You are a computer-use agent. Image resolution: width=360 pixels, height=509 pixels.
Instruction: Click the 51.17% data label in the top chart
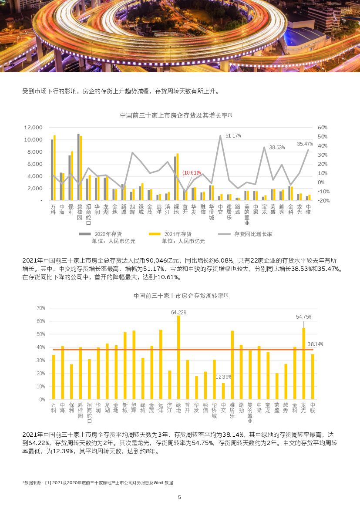coord(233,136)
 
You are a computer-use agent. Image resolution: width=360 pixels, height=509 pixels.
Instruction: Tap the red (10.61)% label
coord(192,173)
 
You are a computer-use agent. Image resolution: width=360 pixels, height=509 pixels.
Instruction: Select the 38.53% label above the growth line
coord(277,148)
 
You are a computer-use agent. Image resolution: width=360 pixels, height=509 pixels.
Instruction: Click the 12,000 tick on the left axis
coord(33,128)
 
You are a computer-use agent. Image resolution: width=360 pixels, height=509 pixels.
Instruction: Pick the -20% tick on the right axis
coord(322,201)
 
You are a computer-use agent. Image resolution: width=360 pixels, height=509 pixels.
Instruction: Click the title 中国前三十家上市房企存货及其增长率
coord(176,115)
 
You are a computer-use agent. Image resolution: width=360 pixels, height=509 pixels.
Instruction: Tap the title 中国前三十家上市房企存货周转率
coord(181,296)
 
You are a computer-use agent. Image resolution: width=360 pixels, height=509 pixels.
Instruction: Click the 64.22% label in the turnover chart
coord(178,312)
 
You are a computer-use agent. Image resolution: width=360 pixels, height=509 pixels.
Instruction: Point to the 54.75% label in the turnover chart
coord(303,317)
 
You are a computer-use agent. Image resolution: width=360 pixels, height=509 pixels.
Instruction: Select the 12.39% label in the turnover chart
coord(223,377)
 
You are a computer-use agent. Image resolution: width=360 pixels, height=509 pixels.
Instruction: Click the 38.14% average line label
coord(315,344)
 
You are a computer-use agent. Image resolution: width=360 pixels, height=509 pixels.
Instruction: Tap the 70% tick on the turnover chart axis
coord(40,308)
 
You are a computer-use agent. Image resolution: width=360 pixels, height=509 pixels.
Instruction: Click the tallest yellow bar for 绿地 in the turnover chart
coord(178,357)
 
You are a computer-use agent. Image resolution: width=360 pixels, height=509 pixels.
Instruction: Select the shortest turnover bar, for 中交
coord(223,391)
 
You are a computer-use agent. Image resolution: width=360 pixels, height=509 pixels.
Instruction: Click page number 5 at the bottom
coord(179,497)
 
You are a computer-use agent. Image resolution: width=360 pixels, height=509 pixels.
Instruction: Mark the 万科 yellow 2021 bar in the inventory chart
coord(54,168)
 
